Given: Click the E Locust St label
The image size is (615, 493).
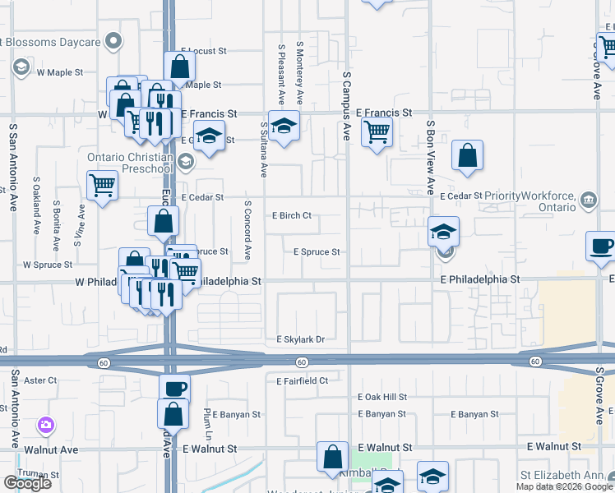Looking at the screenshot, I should pyautogui.click(x=203, y=51).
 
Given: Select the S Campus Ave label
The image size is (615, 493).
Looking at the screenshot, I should pyautogui.click(x=346, y=105).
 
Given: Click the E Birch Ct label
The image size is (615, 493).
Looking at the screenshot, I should pyautogui.click(x=292, y=216).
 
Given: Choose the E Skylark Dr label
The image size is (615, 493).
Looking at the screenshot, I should pyautogui.click(x=301, y=339).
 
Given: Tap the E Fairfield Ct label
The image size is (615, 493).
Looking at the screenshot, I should pyautogui.click(x=302, y=381).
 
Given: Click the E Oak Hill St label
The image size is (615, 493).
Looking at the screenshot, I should pyautogui.click(x=382, y=397).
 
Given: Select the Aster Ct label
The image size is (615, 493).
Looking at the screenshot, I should pyautogui.click(x=40, y=380).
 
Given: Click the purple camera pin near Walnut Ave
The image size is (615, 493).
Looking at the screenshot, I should pyautogui.click(x=46, y=425).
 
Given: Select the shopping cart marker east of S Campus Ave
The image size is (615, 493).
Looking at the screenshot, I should pyautogui.click(x=377, y=131).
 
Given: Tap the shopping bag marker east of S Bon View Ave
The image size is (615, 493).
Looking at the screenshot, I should pyautogui.click(x=467, y=154).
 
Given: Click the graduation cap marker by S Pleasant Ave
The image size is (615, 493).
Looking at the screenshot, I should pyautogui.click(x=284, y=126).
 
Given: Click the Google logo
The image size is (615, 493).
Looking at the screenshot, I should pyautogui.click(x=28, y=483).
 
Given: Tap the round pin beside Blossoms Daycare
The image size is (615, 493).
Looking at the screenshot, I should pyautogui.click(x=115, y=41).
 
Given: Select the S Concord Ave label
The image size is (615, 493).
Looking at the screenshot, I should pyautogui.click(x=247, y=229).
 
